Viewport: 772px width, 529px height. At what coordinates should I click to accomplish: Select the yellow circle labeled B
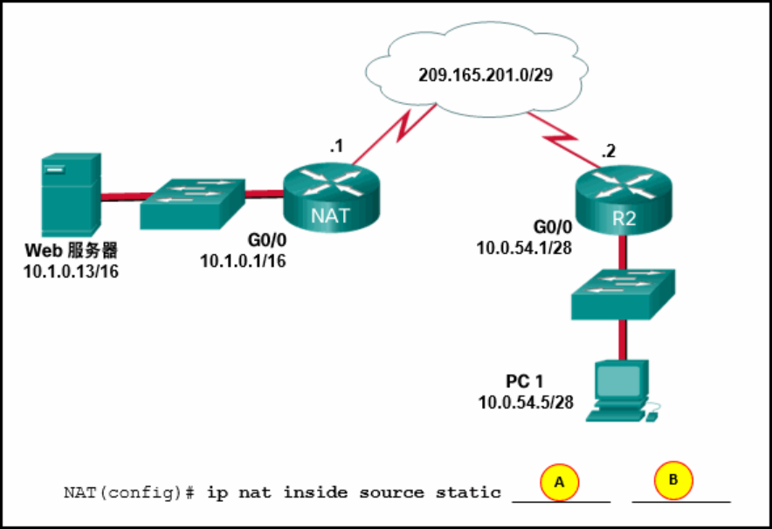(673, 479)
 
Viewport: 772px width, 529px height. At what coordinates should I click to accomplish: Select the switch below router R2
(623, 293)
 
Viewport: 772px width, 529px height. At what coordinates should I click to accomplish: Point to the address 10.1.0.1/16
(243, 261)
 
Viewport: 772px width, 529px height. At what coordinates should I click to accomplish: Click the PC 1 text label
(524, 382)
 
